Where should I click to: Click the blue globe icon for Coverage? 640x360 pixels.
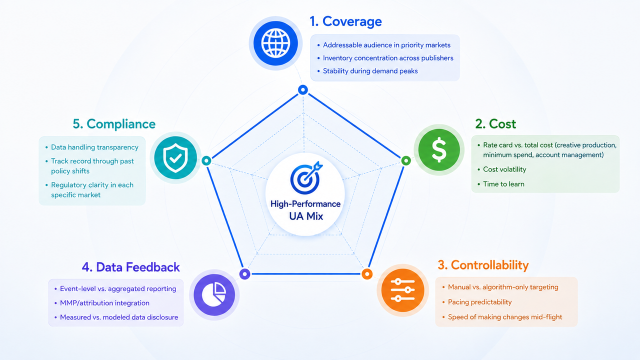point(275,43)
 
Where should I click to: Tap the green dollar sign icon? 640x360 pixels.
point(439,149)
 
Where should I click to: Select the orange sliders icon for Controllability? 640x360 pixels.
point(402,290)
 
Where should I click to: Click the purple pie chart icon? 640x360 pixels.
point(214,295)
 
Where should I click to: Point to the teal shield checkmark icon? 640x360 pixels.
point(175,157)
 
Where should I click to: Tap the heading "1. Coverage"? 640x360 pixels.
point(345,21)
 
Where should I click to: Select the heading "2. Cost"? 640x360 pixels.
point(495,123)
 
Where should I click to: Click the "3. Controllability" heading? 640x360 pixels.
point(483,265)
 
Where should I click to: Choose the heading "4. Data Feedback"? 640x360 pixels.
point(131,267)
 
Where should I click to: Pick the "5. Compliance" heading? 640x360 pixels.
point(114,124)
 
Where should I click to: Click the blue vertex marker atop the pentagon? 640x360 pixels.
point(303,90)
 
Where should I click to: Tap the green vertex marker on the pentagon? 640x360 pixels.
point(406,160)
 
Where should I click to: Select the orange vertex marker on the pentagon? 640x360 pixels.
point(367,274)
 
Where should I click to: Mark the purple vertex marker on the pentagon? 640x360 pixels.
point(244,274)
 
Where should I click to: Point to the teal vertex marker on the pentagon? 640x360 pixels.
point(206,160)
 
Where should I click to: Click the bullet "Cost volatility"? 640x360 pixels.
point(504,169)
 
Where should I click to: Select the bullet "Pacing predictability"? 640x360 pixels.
point(479,302)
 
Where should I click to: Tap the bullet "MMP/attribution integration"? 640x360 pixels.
point(104,303)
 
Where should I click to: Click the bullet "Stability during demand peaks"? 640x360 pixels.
point(370,71)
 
